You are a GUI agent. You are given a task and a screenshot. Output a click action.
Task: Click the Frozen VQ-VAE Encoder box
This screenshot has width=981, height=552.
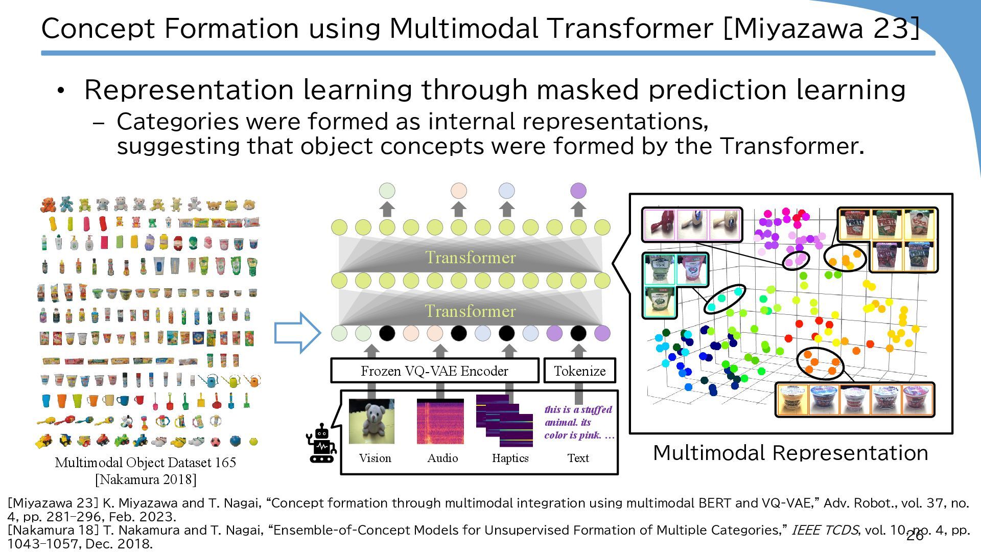pyautogui.click(x=434, y=371)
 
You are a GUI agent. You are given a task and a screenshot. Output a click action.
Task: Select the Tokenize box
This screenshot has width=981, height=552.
pyautogui.click(x=579, y=371)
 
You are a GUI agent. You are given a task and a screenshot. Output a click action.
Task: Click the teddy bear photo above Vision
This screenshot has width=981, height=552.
pyautogui.click(x=371, y=422)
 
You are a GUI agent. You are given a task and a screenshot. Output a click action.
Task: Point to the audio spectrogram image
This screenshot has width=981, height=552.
pyautogui.click(x=440, y=422)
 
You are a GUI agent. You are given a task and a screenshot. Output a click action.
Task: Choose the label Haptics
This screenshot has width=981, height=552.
pyautogui.click(x=510, y=458)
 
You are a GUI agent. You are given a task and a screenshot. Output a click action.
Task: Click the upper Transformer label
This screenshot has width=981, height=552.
pyautogui.click(x=471, y=258)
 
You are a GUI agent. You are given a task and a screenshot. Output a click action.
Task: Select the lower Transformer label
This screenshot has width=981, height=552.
pyautogui.click(x=471, y=311)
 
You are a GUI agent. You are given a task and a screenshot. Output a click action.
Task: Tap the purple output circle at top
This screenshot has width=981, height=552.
pyautogui.click(x=578, y=191)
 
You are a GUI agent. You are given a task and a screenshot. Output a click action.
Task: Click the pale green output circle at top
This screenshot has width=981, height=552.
pyautogui.click(x=387, y=191)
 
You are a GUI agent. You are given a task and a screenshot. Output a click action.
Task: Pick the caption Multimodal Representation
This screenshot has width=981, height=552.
pyautogui.click(x=790, y=453)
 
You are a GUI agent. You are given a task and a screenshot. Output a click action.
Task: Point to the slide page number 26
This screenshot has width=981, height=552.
pyautogui.click(x=915, y=536)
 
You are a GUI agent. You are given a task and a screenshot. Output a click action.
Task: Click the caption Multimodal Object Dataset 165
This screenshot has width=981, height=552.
pyautogui.click(x=146, y=463)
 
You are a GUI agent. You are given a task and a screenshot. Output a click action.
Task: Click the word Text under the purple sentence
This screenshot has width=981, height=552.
pyautogui.click(x=578, y=458)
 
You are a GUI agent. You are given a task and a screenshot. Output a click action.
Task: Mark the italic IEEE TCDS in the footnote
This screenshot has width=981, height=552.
pyautogui.click(x=824, y=530)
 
